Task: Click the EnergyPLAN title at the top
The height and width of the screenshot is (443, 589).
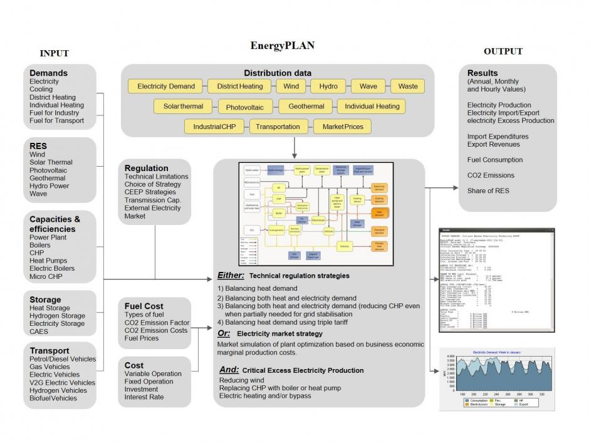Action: coord(282,46)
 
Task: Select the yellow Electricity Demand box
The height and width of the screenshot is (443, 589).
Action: coord(166,86)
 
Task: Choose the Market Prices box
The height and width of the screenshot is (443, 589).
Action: coord(343,127)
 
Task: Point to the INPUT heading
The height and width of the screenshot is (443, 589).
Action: coord(54,53)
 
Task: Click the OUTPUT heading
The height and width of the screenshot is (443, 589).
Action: coord(503,51)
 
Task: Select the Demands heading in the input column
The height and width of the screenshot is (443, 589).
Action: coord(48,73)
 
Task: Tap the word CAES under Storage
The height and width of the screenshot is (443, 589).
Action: coord(39,332)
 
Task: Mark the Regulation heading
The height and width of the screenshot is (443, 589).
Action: coord(146,168)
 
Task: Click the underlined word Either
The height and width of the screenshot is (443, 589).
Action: coord(231,276)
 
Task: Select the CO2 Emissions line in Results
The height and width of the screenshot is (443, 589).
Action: coord(491,175)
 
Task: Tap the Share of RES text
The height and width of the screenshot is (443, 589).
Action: coord(488,191)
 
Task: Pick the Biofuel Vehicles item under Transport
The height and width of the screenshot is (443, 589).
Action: coord(53,399)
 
